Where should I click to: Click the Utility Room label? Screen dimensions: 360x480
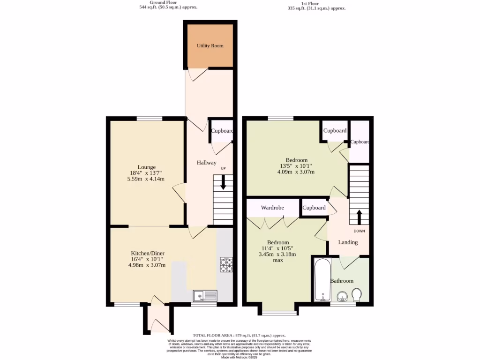click(210, 46)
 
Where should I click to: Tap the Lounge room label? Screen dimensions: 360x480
click(146, 167)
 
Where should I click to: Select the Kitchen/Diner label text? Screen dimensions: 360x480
click(147, 253)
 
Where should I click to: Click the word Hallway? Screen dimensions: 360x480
click(206, 163)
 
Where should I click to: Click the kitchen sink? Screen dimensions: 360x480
click(205, 295)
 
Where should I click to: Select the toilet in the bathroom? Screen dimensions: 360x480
click(356, 294)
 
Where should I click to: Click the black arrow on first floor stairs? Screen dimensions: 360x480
click(360, 217)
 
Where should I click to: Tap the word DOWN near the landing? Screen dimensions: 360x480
click(359, 231)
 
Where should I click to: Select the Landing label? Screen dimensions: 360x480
click(348, 242)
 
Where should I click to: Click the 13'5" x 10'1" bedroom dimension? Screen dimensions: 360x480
click(296, 166)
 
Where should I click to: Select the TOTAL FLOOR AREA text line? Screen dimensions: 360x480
click(240, 335)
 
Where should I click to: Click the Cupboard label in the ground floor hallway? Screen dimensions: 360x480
click(222, 131)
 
